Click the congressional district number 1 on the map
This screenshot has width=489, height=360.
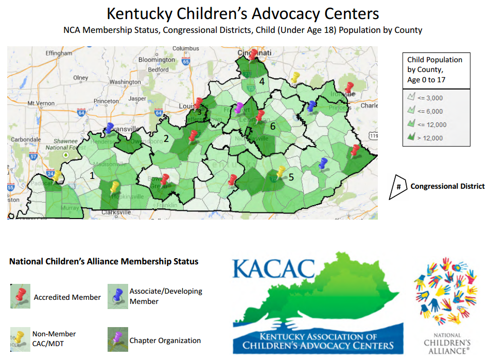(x=92, y=175)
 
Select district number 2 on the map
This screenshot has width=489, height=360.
(x=166, y=138)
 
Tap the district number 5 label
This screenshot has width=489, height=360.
(x=291, y=177)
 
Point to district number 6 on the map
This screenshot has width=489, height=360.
(x=273, y=126)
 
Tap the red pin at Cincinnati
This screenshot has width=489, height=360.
(x=252, y=54)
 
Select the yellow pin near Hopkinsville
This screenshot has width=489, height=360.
(x=115, y=186)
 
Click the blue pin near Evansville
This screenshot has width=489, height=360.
(x=110, y=128)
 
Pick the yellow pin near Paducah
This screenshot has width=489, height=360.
(x=57, y=175)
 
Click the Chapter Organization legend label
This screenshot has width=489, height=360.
(x=165, y=340)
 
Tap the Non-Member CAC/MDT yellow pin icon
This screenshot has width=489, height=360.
(x=21, y=337)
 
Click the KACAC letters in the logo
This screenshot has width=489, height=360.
(x=273, y=267)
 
